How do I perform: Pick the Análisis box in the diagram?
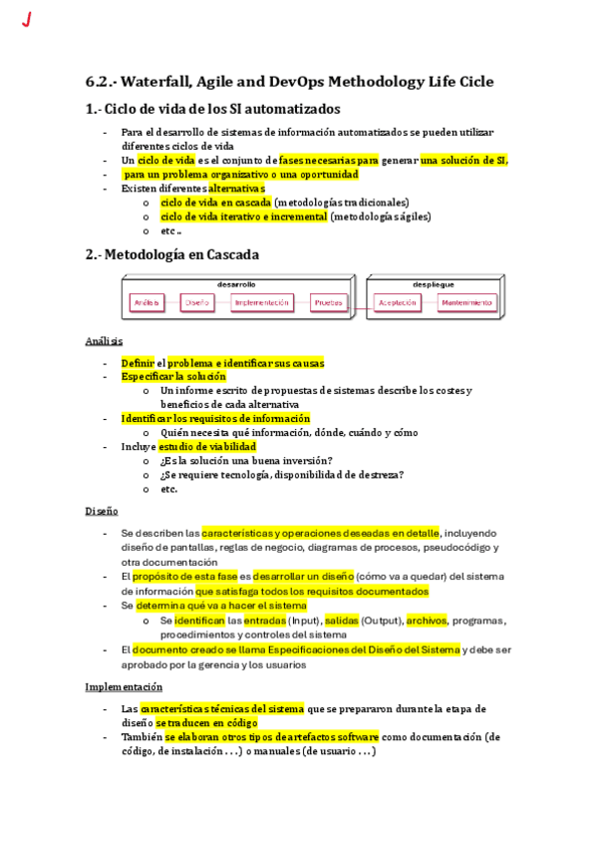point(147,302)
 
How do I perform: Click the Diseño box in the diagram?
point(197,302)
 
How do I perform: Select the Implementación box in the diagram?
point(261,302)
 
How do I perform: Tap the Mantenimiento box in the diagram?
point(466,302)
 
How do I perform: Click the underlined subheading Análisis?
point(104,342)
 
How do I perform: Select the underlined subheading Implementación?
point(124,686)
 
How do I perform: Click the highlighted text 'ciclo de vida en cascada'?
point(215,203)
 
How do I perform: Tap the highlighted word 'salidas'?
point(342,620)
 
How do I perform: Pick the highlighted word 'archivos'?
point(427,620)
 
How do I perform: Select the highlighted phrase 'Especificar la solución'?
point(173,377)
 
